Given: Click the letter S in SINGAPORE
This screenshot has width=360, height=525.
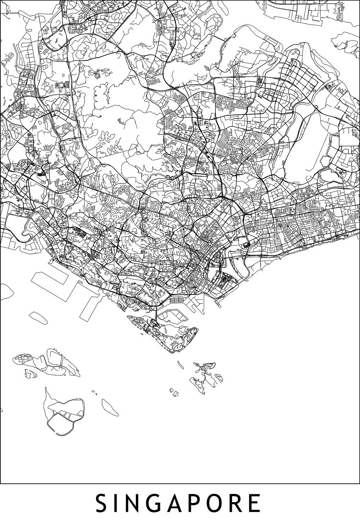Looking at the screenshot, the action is (103, 503).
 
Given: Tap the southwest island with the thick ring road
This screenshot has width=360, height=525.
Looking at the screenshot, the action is (65, 413).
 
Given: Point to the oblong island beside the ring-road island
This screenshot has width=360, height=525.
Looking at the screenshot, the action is (110, 406).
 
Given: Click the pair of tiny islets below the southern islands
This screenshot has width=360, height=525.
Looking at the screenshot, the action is (175, 393).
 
